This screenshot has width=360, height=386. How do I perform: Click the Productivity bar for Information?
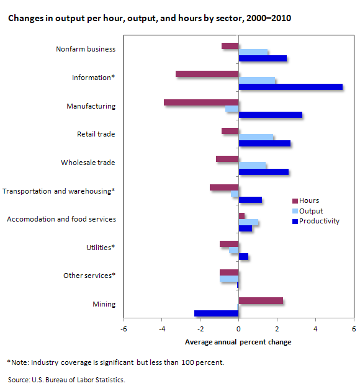click(290, 87)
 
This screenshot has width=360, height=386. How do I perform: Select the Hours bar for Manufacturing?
click(201, 102)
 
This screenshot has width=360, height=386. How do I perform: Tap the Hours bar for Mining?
click(261, 301)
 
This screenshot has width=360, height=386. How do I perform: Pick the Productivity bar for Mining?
click(217, 313)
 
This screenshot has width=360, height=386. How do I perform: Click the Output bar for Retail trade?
click(256, 137)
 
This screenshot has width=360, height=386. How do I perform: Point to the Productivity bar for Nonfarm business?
click(263, 58)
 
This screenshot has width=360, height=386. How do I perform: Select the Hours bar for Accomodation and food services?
click(241, 216)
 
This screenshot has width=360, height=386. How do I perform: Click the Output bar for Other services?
click(229, 279)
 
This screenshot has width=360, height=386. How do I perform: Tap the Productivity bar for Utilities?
click(243, 257)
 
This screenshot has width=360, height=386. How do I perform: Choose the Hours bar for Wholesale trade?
click(227, 159)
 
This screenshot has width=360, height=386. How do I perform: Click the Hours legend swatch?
click(295, 201)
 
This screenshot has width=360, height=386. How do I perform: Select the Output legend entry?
click(307, 211)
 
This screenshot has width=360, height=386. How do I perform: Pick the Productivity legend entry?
click(316, 221)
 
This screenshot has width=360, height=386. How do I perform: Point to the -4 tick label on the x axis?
click(161, 329)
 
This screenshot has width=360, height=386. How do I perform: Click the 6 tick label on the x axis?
click(354, 329)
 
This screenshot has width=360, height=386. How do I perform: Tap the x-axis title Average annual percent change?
click(238, 342)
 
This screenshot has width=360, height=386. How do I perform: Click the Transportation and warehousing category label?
click(58, 191)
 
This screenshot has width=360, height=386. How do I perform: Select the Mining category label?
click(104, 304)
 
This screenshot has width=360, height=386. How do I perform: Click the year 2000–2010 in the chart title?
click(269, 18)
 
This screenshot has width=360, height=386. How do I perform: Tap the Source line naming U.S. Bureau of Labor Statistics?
click(66, 380)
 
